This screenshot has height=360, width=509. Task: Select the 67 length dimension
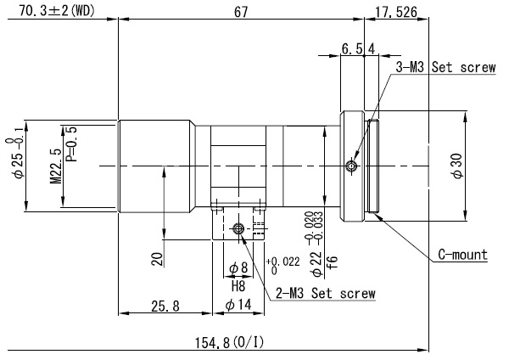point(241,11)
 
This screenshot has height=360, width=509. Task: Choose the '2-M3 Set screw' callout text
point(324,294)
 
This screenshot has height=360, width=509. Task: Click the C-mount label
point(462,254)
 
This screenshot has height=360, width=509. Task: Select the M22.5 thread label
point(55,166)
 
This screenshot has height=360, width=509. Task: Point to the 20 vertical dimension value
point(156,258)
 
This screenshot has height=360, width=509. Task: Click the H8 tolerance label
point(238,287)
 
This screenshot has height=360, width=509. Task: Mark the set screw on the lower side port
point(239,228)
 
